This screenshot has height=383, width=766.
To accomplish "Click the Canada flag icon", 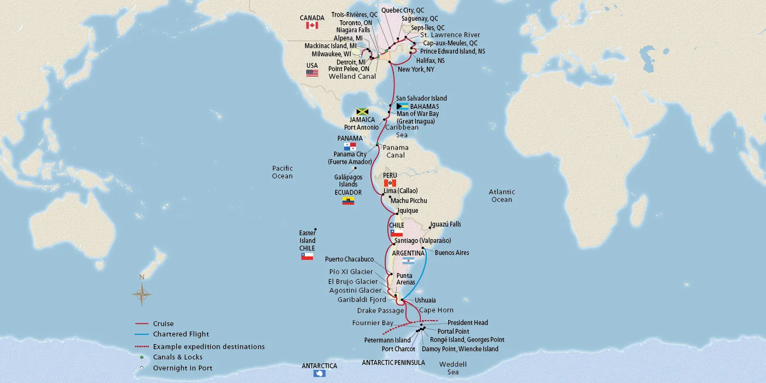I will [x=312, y=26].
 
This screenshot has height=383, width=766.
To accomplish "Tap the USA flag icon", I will [x=312, y=73].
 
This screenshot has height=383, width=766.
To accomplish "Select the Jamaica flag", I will [x=362, y=112].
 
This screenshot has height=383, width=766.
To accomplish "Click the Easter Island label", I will [x=307, y=237].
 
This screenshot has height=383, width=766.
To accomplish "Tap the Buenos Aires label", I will [x=451, y=253].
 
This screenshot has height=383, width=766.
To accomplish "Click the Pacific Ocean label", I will [x=282, y=172].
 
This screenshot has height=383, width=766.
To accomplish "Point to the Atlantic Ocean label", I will [x=502, y=196].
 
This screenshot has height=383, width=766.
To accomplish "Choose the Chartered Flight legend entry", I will [x=181, y=334].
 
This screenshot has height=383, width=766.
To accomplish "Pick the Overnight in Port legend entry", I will [x=182, y=368].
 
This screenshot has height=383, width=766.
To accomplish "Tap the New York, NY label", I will [x=416, y=69].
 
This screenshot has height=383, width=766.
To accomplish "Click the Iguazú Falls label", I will [x=445, y=224].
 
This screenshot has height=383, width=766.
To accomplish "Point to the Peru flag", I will [x=390, y=183].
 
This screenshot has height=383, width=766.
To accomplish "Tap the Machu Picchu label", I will [x=409, y=201].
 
